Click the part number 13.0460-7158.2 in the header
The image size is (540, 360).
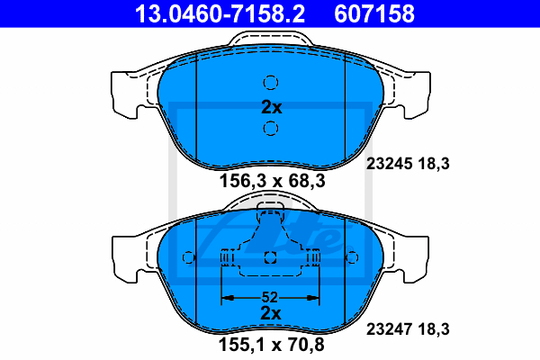(220, 13)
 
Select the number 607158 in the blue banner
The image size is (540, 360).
(374, 13)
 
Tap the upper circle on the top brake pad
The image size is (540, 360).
(271, 83)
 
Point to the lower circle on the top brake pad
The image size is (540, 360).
(271, 129)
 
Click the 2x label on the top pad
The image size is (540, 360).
(272, 107)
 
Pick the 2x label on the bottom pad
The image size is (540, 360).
(271, 313)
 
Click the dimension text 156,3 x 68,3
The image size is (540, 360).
(272, 181)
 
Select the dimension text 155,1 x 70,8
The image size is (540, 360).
(272, 345)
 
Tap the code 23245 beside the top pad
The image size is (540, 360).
(389, 164)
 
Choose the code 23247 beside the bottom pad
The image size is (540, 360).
(389, 329)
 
